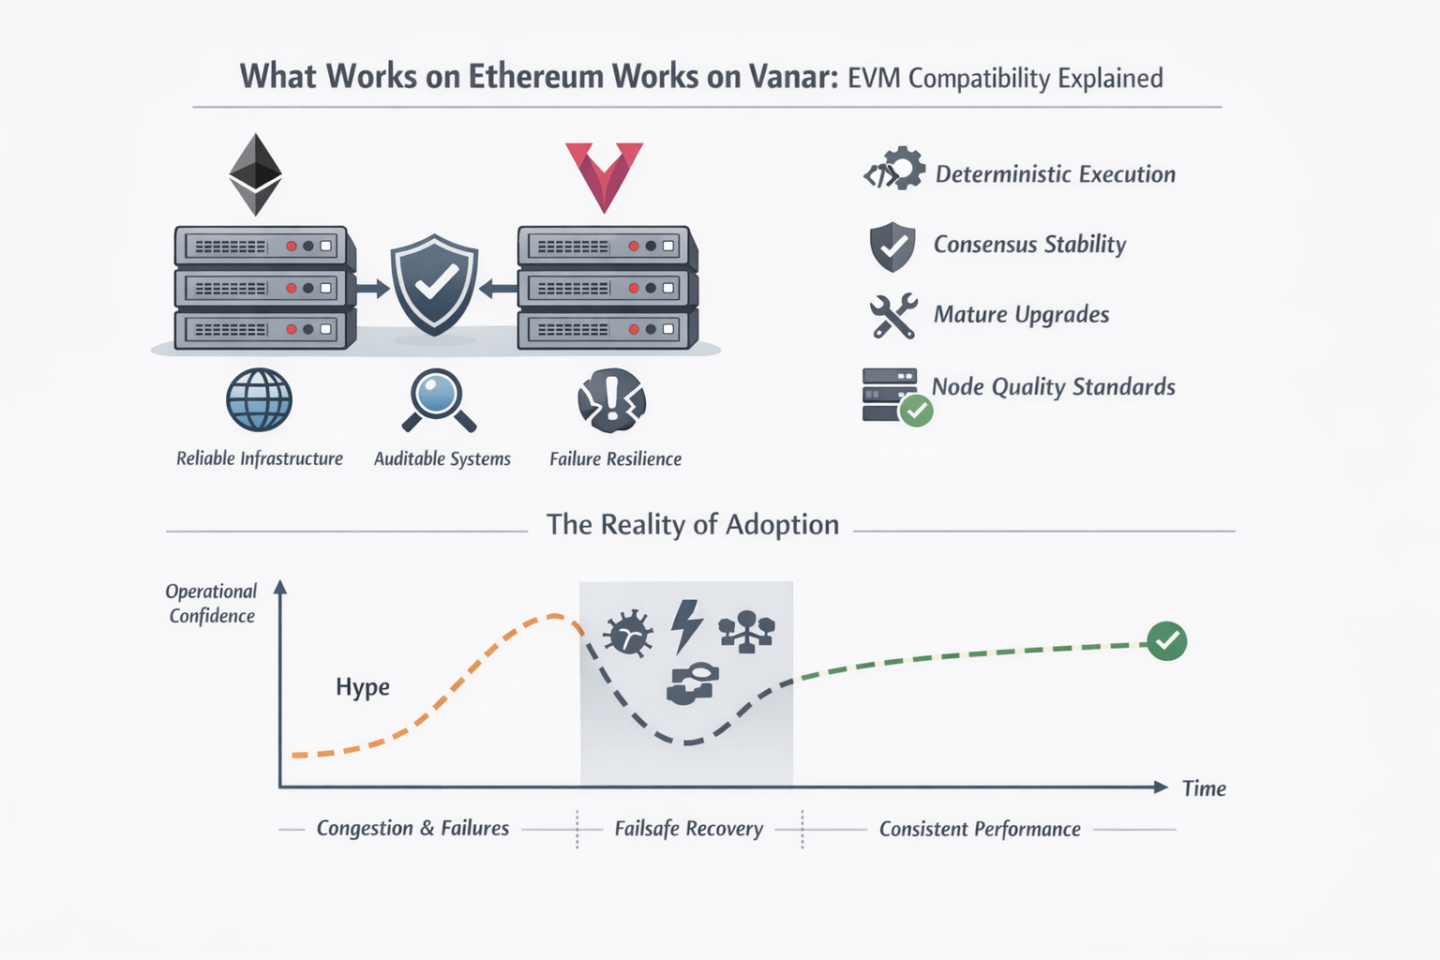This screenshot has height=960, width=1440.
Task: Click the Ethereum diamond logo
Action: point(256,174)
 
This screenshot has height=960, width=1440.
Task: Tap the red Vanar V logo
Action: point(604,173)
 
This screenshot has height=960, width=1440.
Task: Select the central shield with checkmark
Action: point(434,285)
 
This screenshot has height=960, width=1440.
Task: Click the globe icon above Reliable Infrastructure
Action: point(259,400)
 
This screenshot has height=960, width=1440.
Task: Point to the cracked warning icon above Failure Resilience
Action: point(612,400)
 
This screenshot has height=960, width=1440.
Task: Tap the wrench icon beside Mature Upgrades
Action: point(892,316)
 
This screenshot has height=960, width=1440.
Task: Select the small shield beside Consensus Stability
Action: point(892,247)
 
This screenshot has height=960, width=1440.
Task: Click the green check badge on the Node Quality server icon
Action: point(916,411)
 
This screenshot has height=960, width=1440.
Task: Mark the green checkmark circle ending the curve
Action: point(1167,641)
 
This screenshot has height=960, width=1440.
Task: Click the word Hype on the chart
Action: point(363,687)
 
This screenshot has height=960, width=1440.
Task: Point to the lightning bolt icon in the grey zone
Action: point(687,626)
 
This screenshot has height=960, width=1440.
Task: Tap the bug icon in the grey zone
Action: point(628,634)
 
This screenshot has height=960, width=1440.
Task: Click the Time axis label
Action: point(1204,788)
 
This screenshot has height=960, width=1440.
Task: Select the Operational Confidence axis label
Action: point(212,604)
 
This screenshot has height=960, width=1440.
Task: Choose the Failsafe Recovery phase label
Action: point(689,829)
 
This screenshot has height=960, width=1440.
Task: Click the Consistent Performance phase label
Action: point(980,829)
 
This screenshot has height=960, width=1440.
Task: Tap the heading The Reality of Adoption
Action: point(693,525)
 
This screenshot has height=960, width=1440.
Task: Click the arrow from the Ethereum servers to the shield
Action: point(372,289)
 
